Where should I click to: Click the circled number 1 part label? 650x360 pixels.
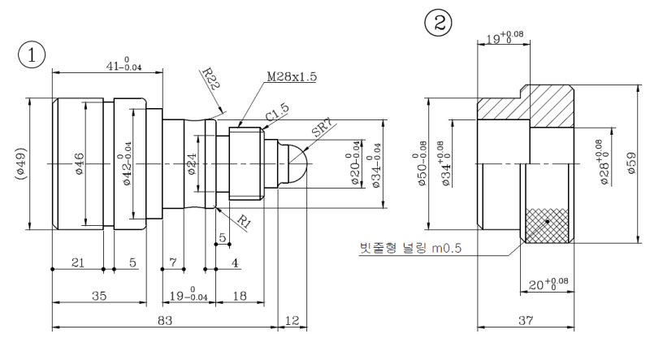click(32, 55)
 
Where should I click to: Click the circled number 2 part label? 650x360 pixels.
click(439, 23)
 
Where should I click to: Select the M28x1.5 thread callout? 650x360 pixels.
click(292, 76)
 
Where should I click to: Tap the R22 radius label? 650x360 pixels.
click(210, 79)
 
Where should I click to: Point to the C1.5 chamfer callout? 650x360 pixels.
click(277, 112)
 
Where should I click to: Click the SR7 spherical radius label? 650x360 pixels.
click(323, 129)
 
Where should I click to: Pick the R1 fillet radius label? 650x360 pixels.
click(245, 222)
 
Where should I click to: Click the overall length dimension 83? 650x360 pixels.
click(165, 321)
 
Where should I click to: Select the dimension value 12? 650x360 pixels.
click(292, 321)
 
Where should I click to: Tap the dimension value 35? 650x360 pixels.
click(99, 296)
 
